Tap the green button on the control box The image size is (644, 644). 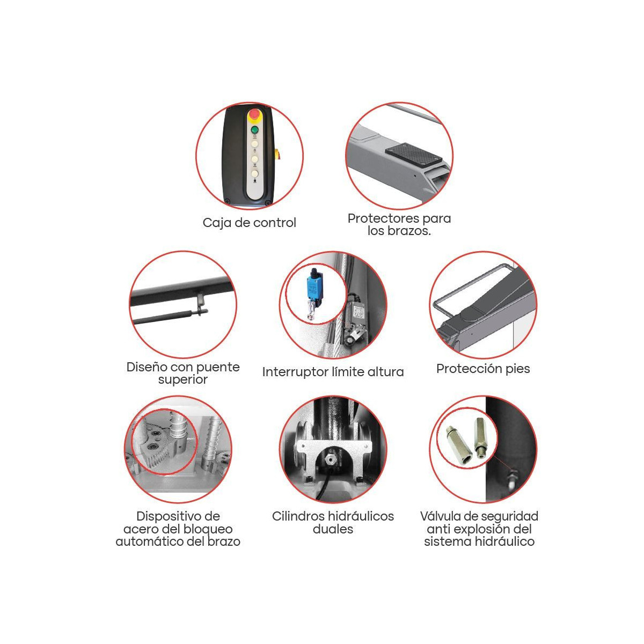point(255,130)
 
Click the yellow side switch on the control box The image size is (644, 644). point(277,154)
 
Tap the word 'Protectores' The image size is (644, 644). point(384,218)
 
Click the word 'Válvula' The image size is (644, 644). point(441,516)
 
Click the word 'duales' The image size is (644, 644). point(333,529)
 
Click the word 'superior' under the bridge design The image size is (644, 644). point(183,380)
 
